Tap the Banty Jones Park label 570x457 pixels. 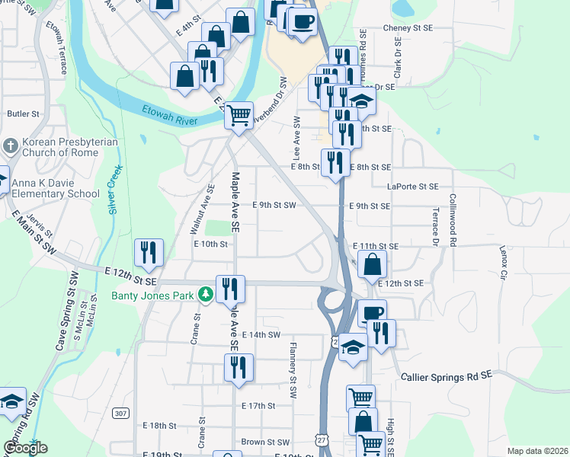(154, 296)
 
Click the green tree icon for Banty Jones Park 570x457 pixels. (205, 294)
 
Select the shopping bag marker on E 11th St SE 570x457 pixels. (373, 265)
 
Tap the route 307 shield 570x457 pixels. (120, 413)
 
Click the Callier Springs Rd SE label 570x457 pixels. (447, 376)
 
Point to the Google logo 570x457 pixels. (25, 447)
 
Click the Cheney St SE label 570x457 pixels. (407, 27)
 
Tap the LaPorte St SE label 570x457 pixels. (412, 186)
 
